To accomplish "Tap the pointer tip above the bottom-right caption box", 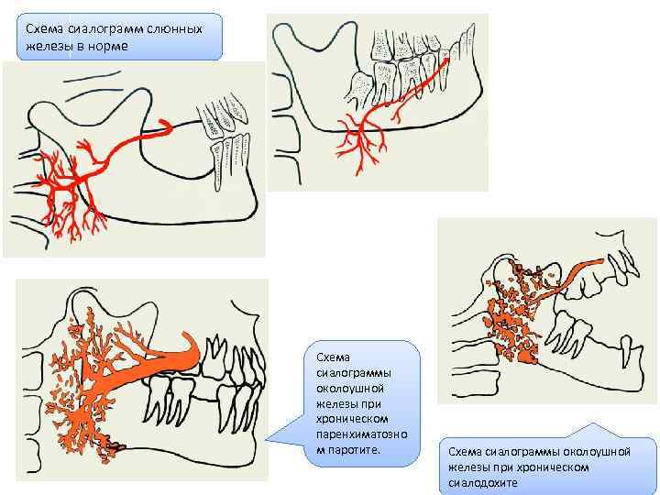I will pos(591,424).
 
